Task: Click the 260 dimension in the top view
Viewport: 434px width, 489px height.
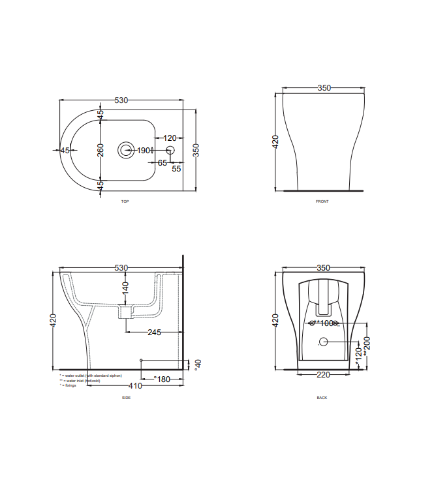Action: [x=101, y=150]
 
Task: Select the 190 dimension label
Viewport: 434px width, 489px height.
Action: [x=143, y=151]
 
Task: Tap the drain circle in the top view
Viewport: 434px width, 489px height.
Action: [x=125, y=150]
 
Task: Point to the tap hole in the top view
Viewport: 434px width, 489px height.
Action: [x=171, y=151]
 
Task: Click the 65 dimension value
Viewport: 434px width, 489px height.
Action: [x=163, y=162]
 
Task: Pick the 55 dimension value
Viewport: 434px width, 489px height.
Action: [x=176, y=168]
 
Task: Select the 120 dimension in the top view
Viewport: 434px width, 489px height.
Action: [x=170, y=138]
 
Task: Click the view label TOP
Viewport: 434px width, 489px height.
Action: [x=125, y=201]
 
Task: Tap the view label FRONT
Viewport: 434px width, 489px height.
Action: [x=322, y=201]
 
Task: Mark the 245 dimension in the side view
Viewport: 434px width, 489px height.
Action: [x=154, y=333]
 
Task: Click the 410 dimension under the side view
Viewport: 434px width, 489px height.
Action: [x=135, y=386]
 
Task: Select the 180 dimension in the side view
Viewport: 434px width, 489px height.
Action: [x=162, y=379]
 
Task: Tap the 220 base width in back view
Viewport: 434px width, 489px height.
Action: [x=323, y=375]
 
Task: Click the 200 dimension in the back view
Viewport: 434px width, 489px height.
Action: [x=367, y=343]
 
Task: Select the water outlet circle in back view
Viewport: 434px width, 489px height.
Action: [x=323, y=342]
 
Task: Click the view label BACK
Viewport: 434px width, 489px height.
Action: [x=322, y=397]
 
